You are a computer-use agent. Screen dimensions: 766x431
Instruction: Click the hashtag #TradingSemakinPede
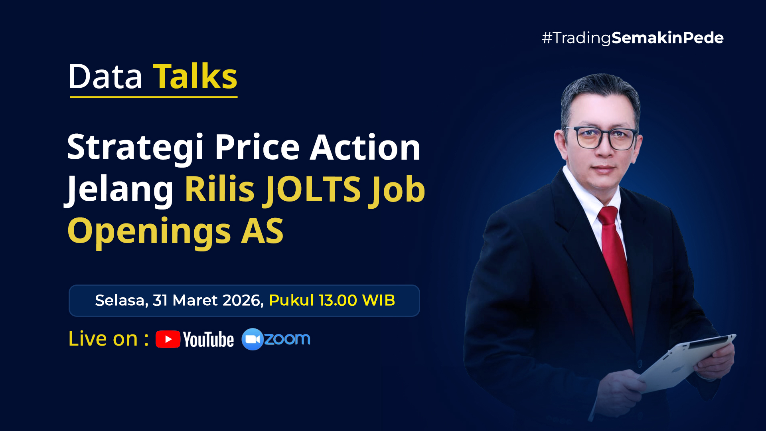[632, 38]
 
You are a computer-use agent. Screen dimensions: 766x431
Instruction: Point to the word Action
[365, 147]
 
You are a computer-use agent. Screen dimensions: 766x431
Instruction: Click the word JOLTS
[313, 189]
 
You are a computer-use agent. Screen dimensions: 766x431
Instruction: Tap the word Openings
[149, 231]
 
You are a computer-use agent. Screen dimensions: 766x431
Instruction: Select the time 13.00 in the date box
[338, 301]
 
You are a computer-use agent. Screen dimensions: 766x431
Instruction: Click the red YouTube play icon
[168, 339]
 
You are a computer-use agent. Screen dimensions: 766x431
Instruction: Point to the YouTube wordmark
[208, 340]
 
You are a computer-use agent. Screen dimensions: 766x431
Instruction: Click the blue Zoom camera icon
[252, 339]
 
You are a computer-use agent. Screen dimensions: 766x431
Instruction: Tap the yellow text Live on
[103, 339]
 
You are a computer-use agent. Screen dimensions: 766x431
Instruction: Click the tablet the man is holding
[686, 361]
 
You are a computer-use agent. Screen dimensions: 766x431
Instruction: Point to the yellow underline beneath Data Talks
[154, 97]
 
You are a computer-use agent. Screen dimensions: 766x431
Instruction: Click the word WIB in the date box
[379, 301]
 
